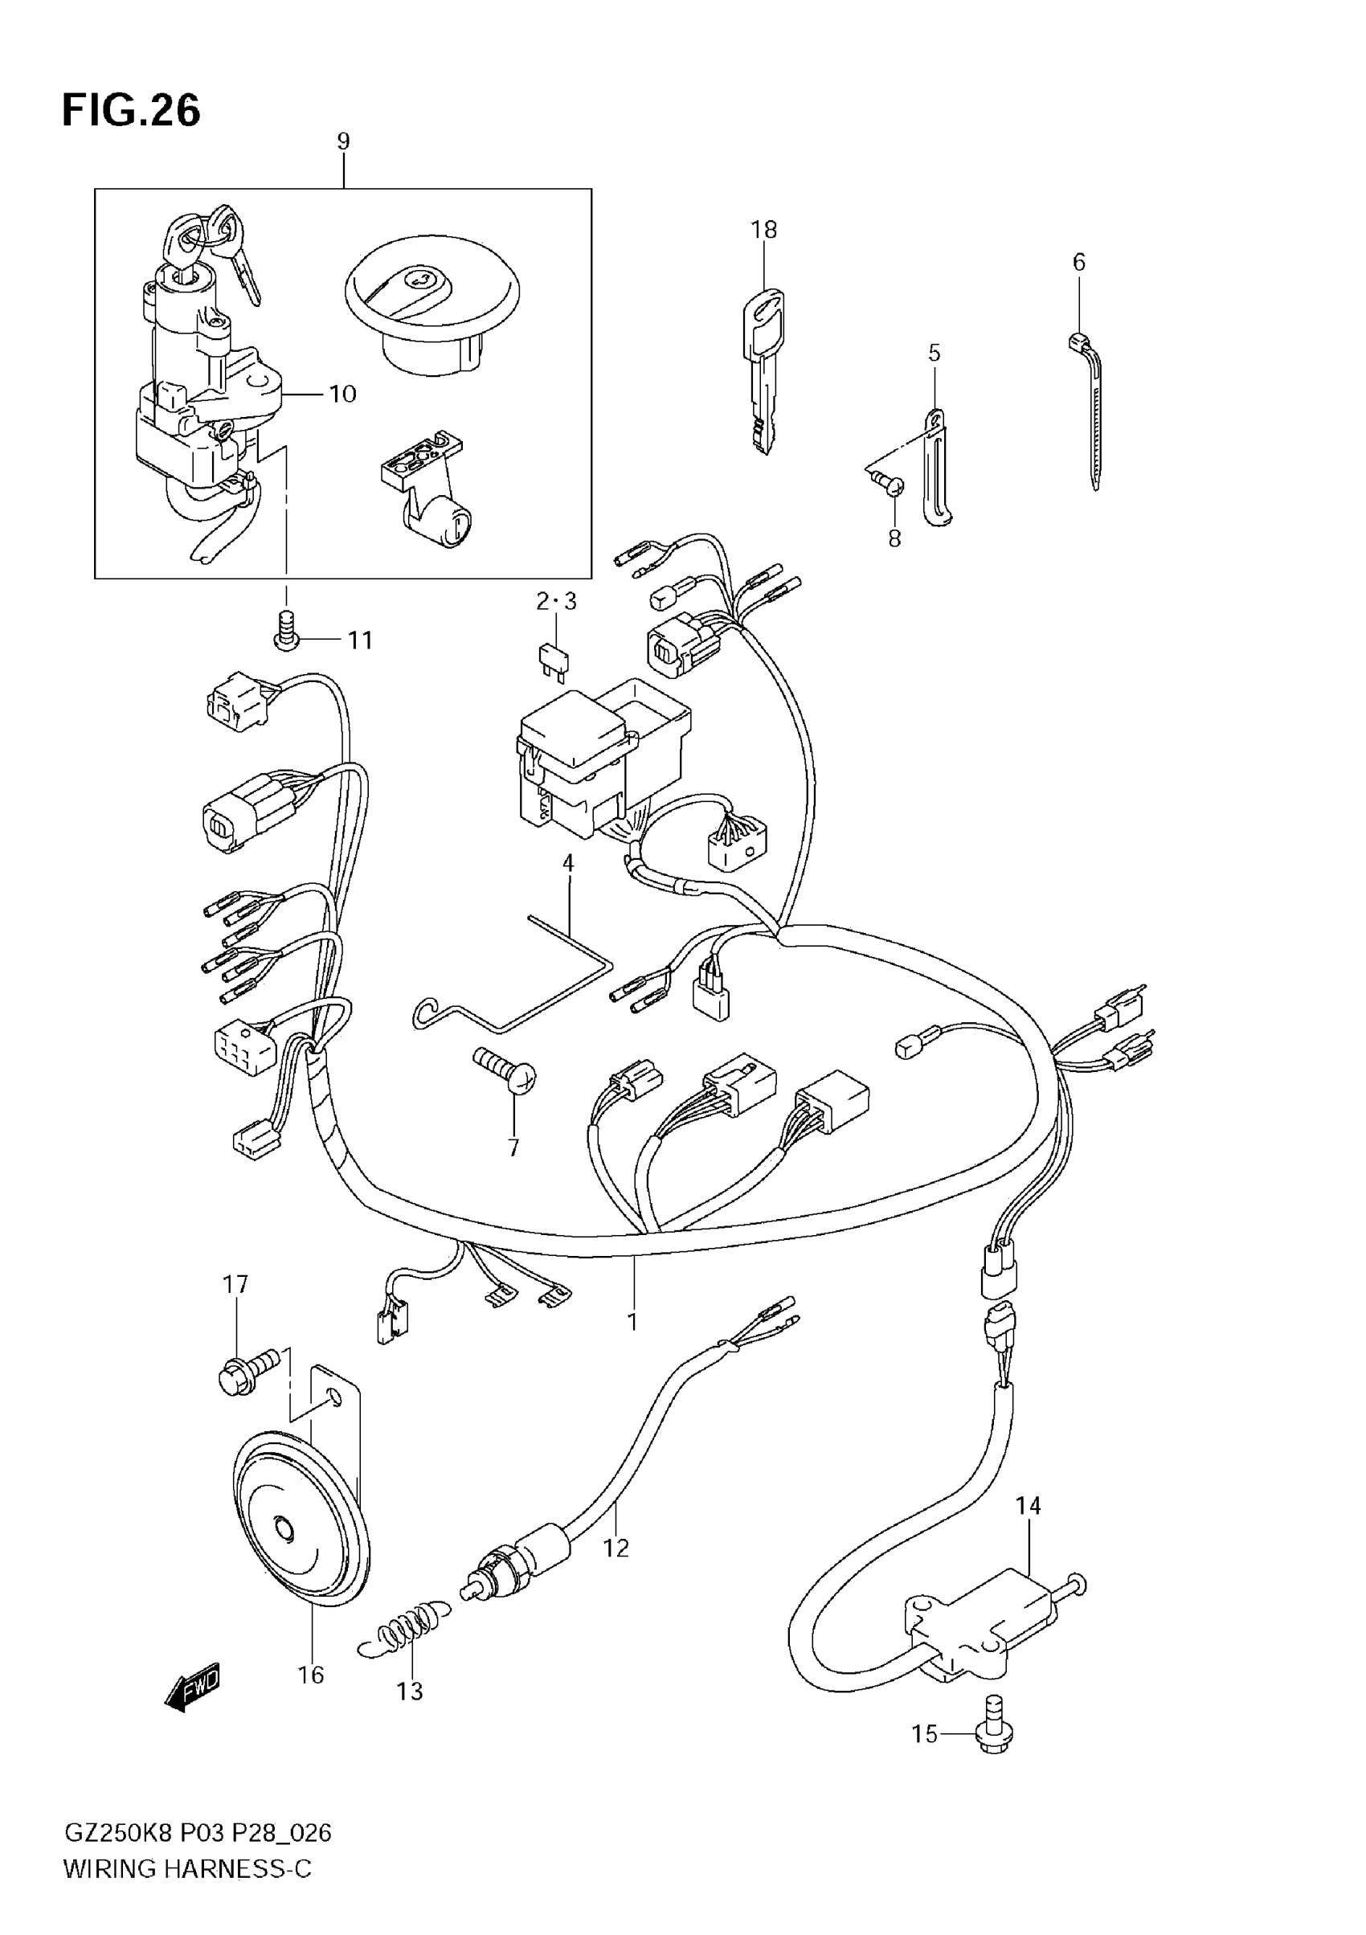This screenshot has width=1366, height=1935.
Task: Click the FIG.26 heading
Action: pyautogui.click(x=132, y=111)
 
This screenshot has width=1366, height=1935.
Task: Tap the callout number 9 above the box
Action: pyautogui.click(x=343, y=141)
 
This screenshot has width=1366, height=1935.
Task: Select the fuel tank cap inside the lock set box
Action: pyautogui.click(x=431, y=304)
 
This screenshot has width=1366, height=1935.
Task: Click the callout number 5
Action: pyautogui.click(x=934, y=353)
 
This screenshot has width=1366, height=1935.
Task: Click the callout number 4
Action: pyautogui.click(x=568, y=863)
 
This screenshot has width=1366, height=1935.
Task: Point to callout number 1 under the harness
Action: pyautogui.click(x=633, y=1321)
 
